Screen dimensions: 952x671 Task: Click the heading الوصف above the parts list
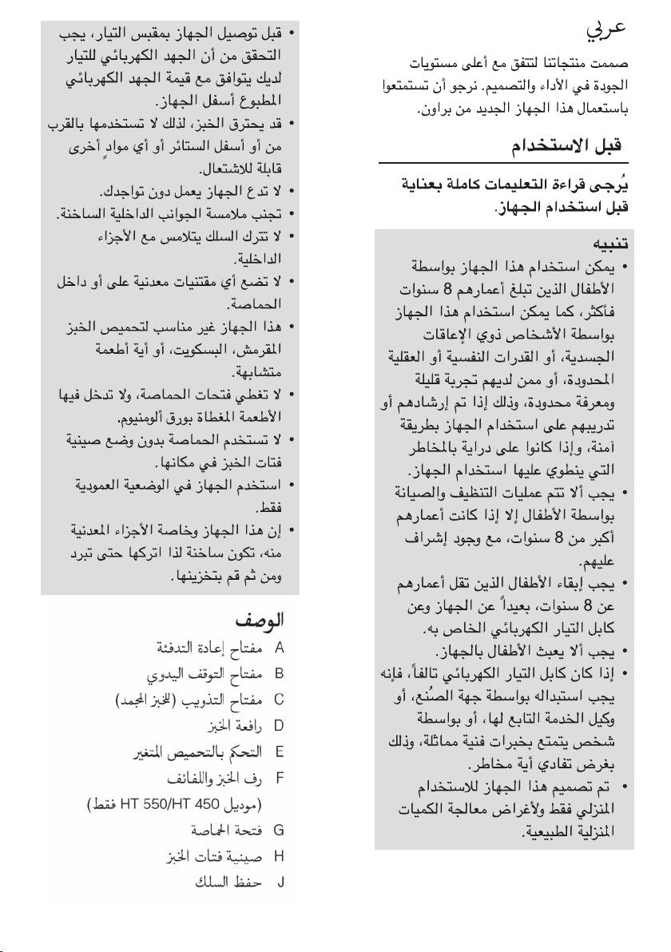tap(260, 620)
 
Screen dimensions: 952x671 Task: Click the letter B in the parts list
tap(280, 673)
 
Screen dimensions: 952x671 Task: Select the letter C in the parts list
tap(280, 700)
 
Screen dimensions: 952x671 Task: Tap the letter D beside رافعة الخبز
tap(280, 725)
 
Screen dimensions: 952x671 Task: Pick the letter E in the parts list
tap(280, 752)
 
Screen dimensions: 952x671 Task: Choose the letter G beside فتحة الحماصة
tap(280, 830)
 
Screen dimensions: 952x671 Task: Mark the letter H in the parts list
tap(280, 856)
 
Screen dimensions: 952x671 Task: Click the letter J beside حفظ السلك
tap(280, 883)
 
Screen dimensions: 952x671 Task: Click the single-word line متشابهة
tap(254, 372)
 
